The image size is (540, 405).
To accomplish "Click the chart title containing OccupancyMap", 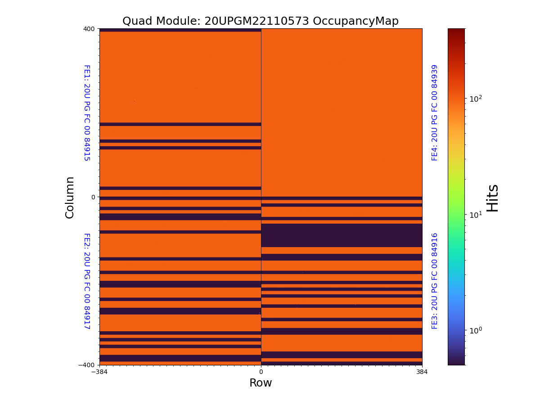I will [260, 21].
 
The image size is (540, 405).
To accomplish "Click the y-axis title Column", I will [70, 197].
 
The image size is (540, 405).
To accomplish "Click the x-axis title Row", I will [261, 383].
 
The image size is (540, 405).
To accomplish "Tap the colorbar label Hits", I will [493, 198].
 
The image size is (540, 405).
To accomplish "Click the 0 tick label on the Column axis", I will [93, 197].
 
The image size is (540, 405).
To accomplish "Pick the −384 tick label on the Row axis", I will [99, 372].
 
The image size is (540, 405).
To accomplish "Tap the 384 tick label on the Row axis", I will [422, 372].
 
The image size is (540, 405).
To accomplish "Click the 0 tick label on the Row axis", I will [261, 372].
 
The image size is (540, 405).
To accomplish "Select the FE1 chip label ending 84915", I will [87, 113].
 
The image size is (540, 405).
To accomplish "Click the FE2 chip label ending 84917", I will [87, 281].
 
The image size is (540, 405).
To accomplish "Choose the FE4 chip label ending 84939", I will [435, 112].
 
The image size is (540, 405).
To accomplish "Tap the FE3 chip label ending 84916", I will [435, 281].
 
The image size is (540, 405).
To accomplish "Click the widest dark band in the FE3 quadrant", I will [342, 235].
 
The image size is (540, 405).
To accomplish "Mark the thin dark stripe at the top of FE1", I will [180, 30].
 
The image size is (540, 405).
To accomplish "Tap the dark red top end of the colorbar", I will [456, 31].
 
